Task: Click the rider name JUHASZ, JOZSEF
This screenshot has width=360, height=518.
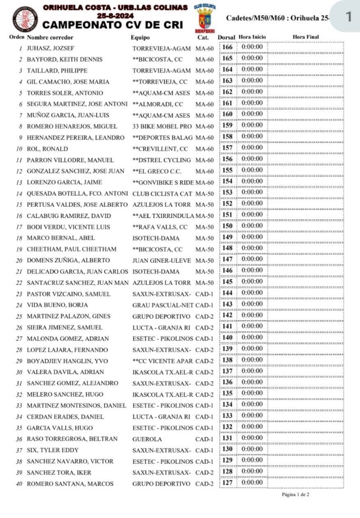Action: click(46, 48)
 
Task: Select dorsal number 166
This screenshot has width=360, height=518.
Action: click(228, 48)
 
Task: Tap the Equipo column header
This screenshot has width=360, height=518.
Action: click(140, 37)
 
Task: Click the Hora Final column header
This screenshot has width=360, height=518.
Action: click(305, 37)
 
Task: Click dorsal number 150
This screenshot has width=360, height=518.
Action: click(228, 226)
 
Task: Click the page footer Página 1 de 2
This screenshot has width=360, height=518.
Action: click(295, 494)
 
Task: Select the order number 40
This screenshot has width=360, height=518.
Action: click(19, 484)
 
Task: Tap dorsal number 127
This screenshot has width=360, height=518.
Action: click(228, 483)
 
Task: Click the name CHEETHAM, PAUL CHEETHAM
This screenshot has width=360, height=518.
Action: click(71, 249)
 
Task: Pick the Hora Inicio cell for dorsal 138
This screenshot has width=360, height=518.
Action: click(252, 360)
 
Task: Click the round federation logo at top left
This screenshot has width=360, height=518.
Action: click(23, 19)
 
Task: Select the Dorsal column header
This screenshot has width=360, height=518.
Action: click(226, 37)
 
